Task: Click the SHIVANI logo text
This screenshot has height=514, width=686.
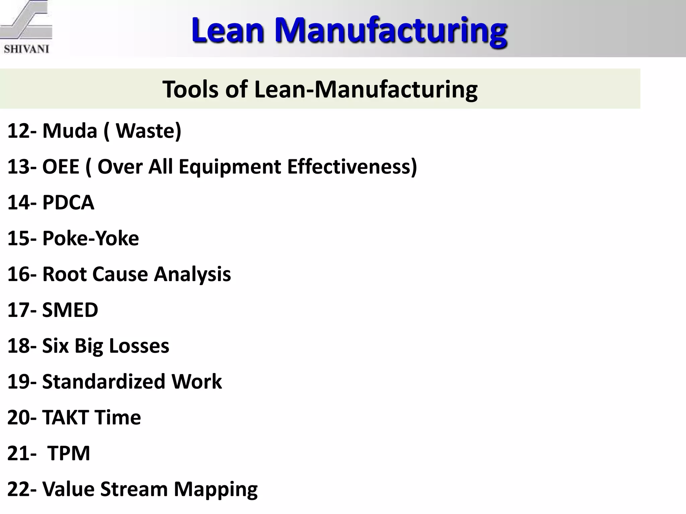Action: (26, 49)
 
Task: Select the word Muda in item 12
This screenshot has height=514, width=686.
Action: (70, 131)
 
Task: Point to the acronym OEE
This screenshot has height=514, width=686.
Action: (61, 166)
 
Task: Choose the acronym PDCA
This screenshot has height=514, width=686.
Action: (68, 202)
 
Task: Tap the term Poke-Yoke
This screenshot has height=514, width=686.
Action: (90, 238)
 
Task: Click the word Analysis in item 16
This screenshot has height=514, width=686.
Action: (192, 274)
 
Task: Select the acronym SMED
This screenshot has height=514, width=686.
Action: (70, 310)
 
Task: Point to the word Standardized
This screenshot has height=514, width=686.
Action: (104, 381)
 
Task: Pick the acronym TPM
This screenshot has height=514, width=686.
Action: (69, 453)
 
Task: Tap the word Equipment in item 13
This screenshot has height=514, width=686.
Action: (230, 167)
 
